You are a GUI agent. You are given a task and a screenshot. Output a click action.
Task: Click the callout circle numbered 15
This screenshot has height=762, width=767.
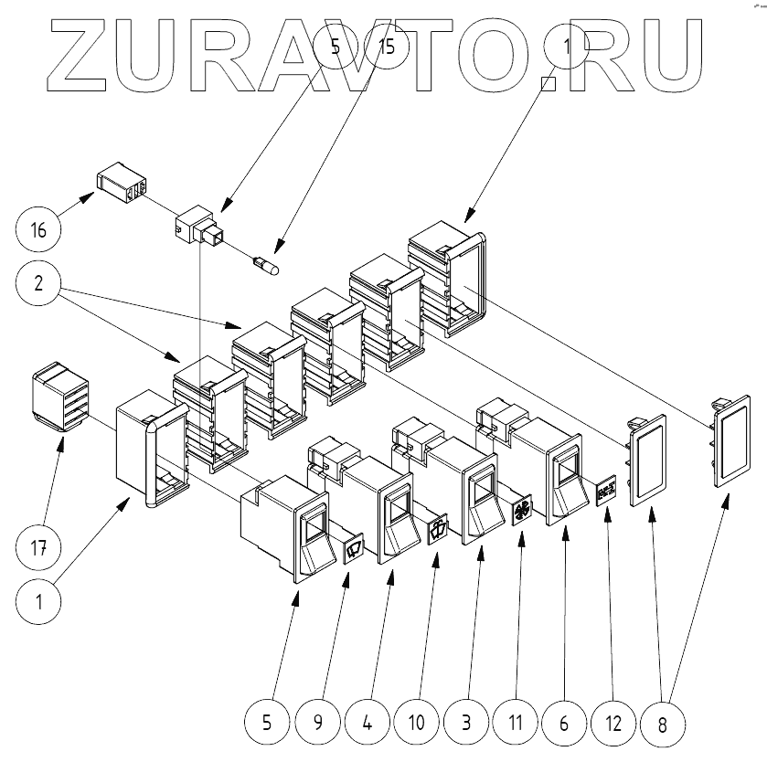click(x=387, y=47)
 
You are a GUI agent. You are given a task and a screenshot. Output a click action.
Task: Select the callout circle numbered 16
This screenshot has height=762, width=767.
click(x=37, y=227)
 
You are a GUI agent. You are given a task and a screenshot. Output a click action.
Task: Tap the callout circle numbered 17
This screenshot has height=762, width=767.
click(x=37, y=548)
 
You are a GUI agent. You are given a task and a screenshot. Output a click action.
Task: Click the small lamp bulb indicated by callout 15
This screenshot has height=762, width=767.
click(x=267, y=265)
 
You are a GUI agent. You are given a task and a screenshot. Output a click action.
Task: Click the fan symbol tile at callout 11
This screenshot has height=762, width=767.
click(x=522, y=509)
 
